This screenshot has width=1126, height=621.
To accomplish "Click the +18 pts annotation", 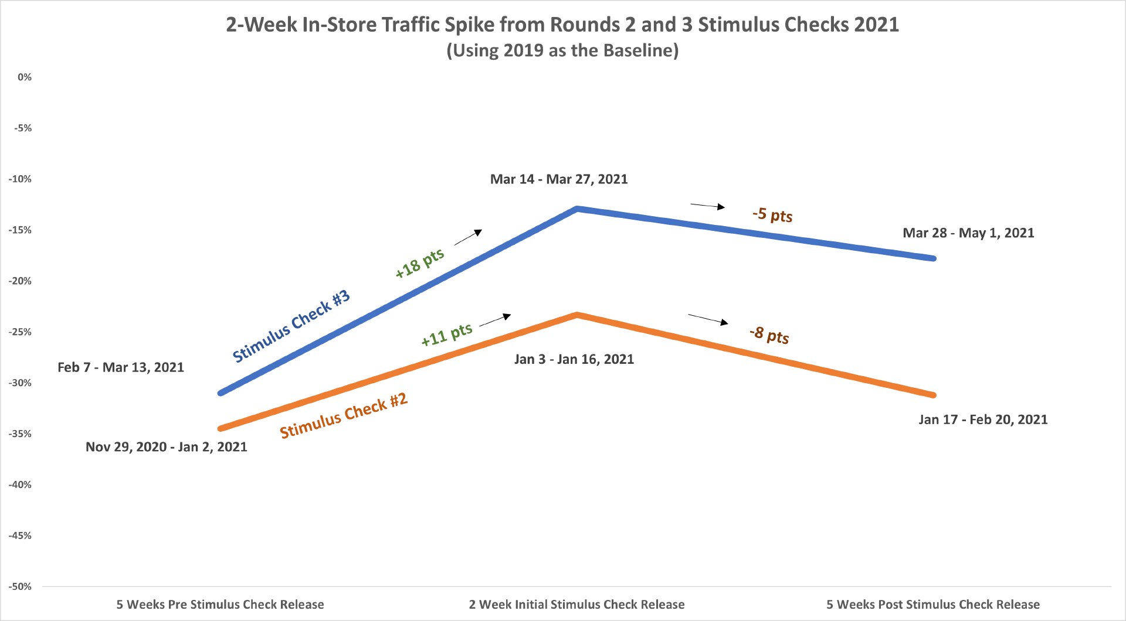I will (420, 263).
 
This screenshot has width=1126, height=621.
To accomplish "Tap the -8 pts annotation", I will (769, 335).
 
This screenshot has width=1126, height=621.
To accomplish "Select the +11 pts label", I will (447, 335).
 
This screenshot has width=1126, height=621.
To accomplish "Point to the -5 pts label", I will (772, 214).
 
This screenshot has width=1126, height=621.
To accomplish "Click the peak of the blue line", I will (577, 209).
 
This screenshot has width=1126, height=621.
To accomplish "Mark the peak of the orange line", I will (577, 315).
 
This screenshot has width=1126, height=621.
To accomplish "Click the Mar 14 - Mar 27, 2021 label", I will (559, 179).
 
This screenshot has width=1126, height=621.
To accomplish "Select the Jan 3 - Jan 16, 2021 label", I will (574, 359).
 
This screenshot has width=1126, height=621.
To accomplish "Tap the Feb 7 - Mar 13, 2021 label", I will (121, 367).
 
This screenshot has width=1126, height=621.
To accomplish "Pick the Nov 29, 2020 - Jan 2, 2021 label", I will (167, 447).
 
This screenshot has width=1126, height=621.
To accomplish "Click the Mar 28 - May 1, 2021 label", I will (968, 233).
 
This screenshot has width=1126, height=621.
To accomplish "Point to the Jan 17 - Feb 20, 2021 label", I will (983, 419).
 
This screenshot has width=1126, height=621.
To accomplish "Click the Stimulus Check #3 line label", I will (291, 326).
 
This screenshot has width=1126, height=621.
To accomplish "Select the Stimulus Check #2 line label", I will (344, 416).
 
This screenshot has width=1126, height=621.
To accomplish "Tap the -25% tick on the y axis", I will (21, 332).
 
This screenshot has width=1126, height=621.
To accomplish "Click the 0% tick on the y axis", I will (25, 77).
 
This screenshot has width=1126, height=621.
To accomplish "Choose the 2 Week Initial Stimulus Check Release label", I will (576, 605).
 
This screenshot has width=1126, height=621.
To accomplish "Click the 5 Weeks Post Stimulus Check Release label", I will (933, 605).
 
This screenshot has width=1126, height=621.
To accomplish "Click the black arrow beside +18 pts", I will (468, 237).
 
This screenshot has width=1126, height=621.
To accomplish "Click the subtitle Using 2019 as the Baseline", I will (562, 50).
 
